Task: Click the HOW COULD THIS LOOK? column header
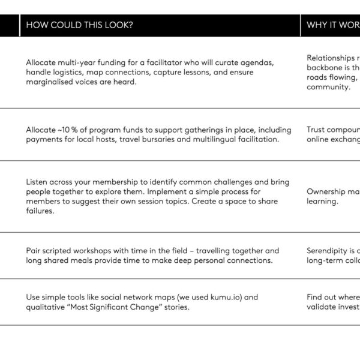[79, 25]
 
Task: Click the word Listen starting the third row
[38, 182]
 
